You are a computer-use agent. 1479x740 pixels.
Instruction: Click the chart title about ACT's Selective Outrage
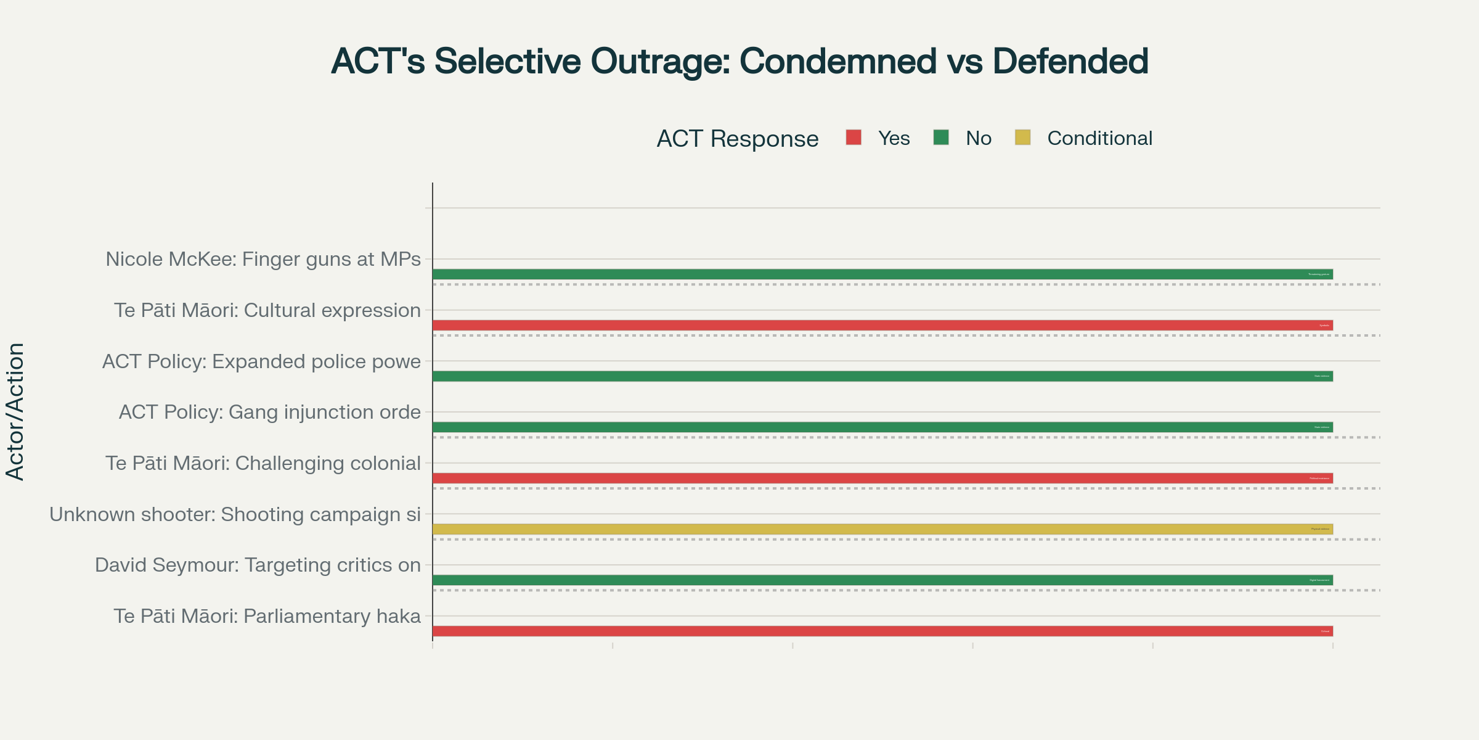pos(739,61)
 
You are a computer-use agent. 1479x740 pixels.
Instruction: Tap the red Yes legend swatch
pos(854,138)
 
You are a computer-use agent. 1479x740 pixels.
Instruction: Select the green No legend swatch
pos(941,138)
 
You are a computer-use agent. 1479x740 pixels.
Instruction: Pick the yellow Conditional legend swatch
pos(1022,138)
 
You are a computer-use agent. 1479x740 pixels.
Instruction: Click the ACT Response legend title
pos(737,139)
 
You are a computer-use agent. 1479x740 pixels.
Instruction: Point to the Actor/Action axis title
pos(15,411)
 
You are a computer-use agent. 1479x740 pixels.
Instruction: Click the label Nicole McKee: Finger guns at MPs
pos(263,259)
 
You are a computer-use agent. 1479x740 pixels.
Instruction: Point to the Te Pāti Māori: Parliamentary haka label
pos(267,616)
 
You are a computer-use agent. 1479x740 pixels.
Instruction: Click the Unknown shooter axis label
pos(235,514)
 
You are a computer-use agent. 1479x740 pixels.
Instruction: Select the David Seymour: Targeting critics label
pos(258,565)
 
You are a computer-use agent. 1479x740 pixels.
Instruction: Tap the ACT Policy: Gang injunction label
pos(269,412)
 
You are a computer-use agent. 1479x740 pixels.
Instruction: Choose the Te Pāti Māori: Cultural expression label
pos(267,310)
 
